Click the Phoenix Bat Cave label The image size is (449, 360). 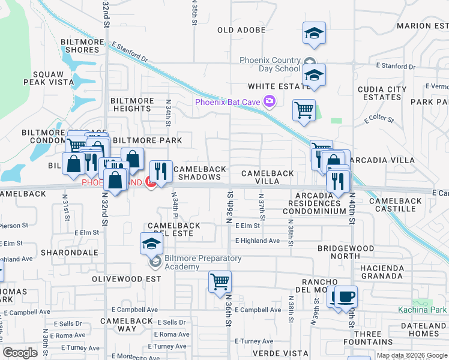[x=228, y=102]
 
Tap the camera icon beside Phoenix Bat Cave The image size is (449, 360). [x=269, y=101]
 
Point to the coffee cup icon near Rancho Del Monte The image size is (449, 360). [x=345, y=296]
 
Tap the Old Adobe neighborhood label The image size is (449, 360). [x=241, y=30]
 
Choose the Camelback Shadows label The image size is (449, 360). [x=197, y=173]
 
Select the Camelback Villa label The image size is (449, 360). [x=268, y=177]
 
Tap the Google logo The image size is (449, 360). [x=20, y=353]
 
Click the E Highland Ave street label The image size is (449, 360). [x=258, y=241]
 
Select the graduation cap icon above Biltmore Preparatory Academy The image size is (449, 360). [x=151, y=243]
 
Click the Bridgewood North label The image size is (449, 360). [x=349, y=251]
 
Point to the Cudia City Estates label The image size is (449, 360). [x=382, y=93]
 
